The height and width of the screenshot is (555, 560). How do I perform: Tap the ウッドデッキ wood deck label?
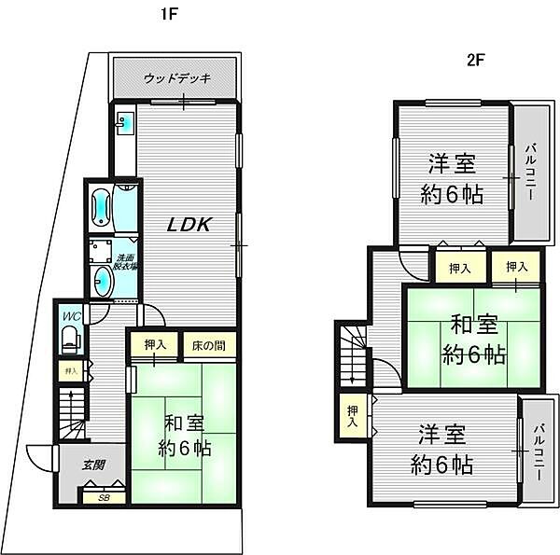coord(177,77)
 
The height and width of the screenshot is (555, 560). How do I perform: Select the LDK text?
coord(190,225)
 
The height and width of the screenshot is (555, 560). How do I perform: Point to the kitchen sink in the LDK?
coord(127,121)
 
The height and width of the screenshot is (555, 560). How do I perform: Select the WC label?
coord(71,316)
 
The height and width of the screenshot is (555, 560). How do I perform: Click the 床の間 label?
coord(208,345)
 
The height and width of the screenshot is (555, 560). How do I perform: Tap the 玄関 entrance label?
coord(92,465)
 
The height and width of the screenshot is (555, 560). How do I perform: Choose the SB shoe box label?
coord(103,498)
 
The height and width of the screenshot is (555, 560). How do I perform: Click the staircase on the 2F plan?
coord(354,354)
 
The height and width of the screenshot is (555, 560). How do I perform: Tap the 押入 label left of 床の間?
coord(155,345)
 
